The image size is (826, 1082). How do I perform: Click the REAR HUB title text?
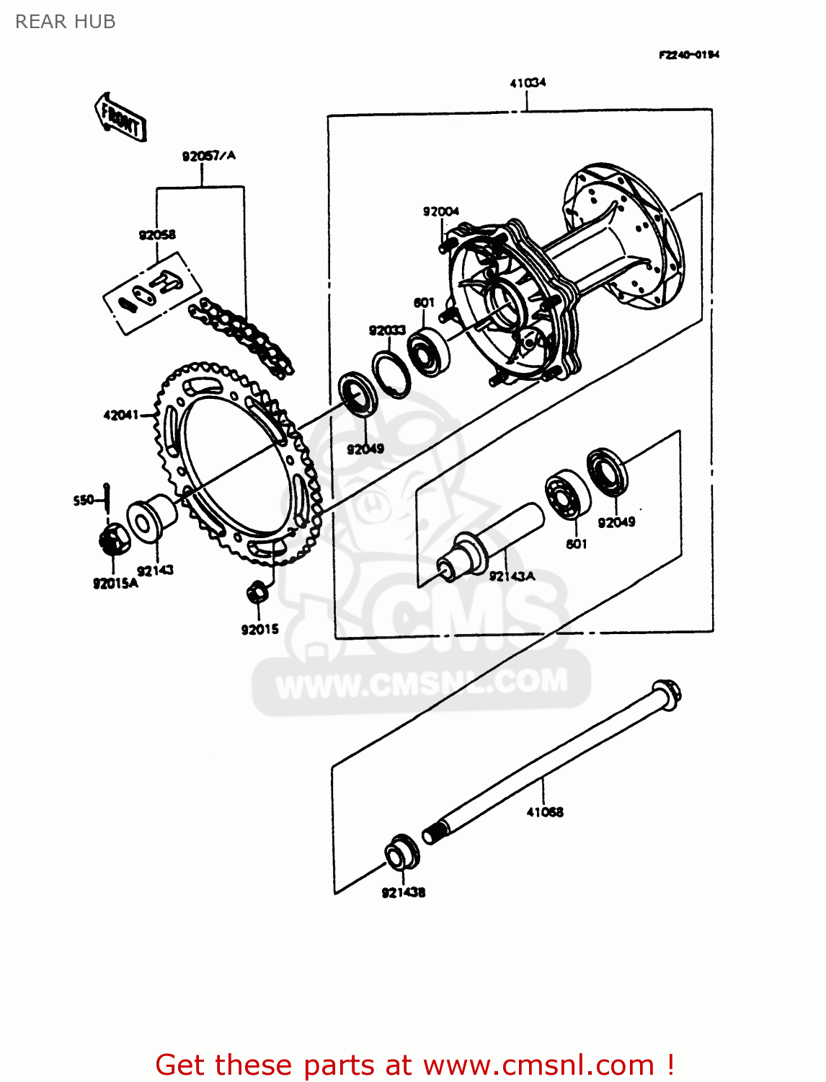(x=66, y=22)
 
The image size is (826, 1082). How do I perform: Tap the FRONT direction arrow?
(x=120, y=117)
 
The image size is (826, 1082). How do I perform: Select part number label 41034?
(x=528, y=83)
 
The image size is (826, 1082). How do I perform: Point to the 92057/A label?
(x=208, y=156)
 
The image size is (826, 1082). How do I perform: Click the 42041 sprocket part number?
(x=120, y=415)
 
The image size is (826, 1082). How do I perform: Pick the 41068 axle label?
(x=545, y=811)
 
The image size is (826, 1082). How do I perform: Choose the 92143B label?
(x=404, y=892)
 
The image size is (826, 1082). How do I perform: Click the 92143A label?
(x=512, y=576)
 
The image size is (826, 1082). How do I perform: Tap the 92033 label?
(x=387, y=330)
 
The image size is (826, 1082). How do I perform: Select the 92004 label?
(x=440, y=211)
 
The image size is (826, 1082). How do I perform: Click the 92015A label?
(x=115, y=583)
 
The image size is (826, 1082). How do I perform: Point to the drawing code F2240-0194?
(x=688, y=55)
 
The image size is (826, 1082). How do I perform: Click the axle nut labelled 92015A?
(x=114, y=540)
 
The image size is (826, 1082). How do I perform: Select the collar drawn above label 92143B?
(x=401, y=853)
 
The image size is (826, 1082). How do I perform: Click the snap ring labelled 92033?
(x=391, y=374)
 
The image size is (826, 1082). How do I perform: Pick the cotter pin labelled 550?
(x=107, y=498)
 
